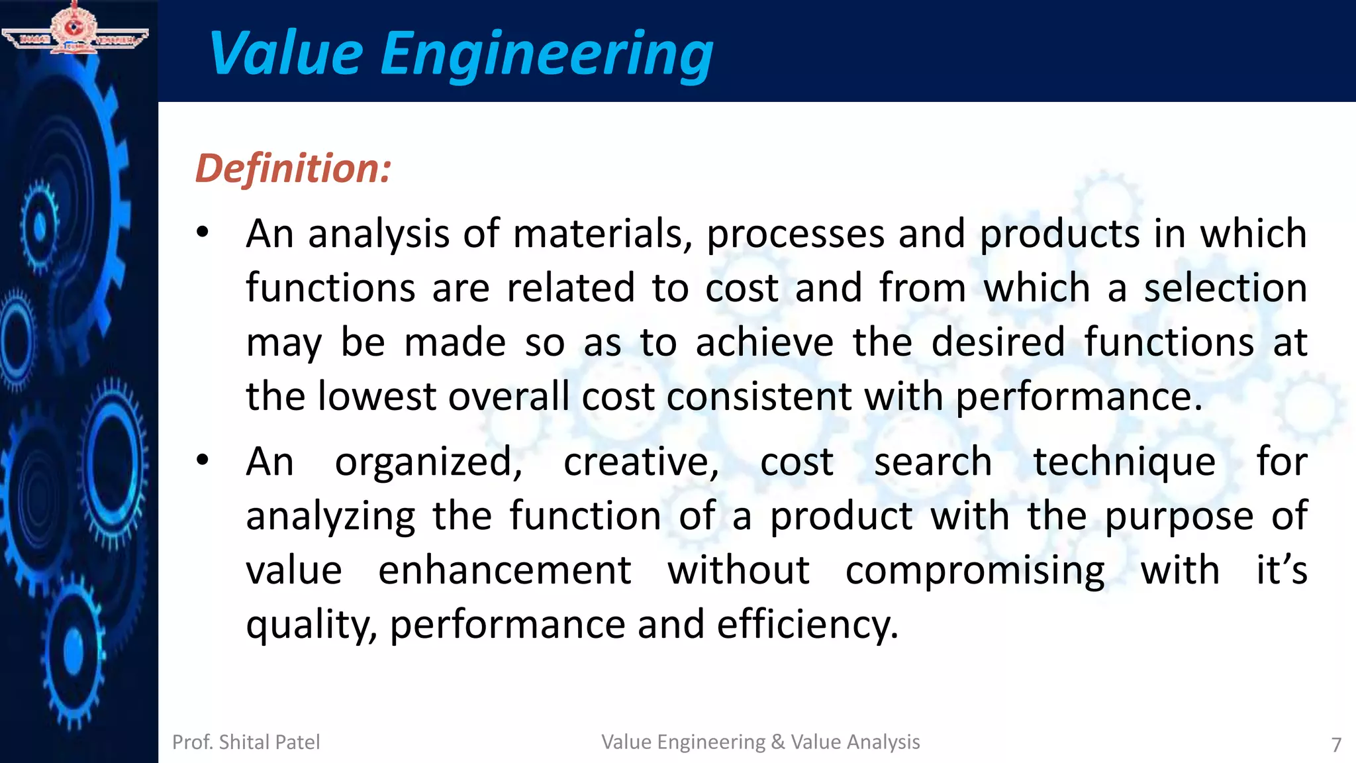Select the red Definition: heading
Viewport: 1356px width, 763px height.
[x=293, y=168]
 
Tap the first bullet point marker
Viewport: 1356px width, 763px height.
[x=203, y=232]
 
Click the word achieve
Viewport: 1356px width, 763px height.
[x=764, y=342]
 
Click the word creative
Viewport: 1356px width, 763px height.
[x=640, y=462]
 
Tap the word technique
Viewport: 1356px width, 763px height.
[x=1124, y=463]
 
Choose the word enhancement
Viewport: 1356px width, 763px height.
[x=505, y=570]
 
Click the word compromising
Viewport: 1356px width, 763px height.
[x=975, y=572]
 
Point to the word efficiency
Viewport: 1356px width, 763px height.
[x=807, y=625]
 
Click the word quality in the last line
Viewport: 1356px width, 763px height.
[x=311, y=626]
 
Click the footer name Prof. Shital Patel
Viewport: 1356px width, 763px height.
[x=246, y=742]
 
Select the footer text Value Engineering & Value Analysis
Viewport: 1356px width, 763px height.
[x=760, y=742]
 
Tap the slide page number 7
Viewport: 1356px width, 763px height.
[x=1336, y=744]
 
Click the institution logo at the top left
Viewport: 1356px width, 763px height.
[x=75, y=28]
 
